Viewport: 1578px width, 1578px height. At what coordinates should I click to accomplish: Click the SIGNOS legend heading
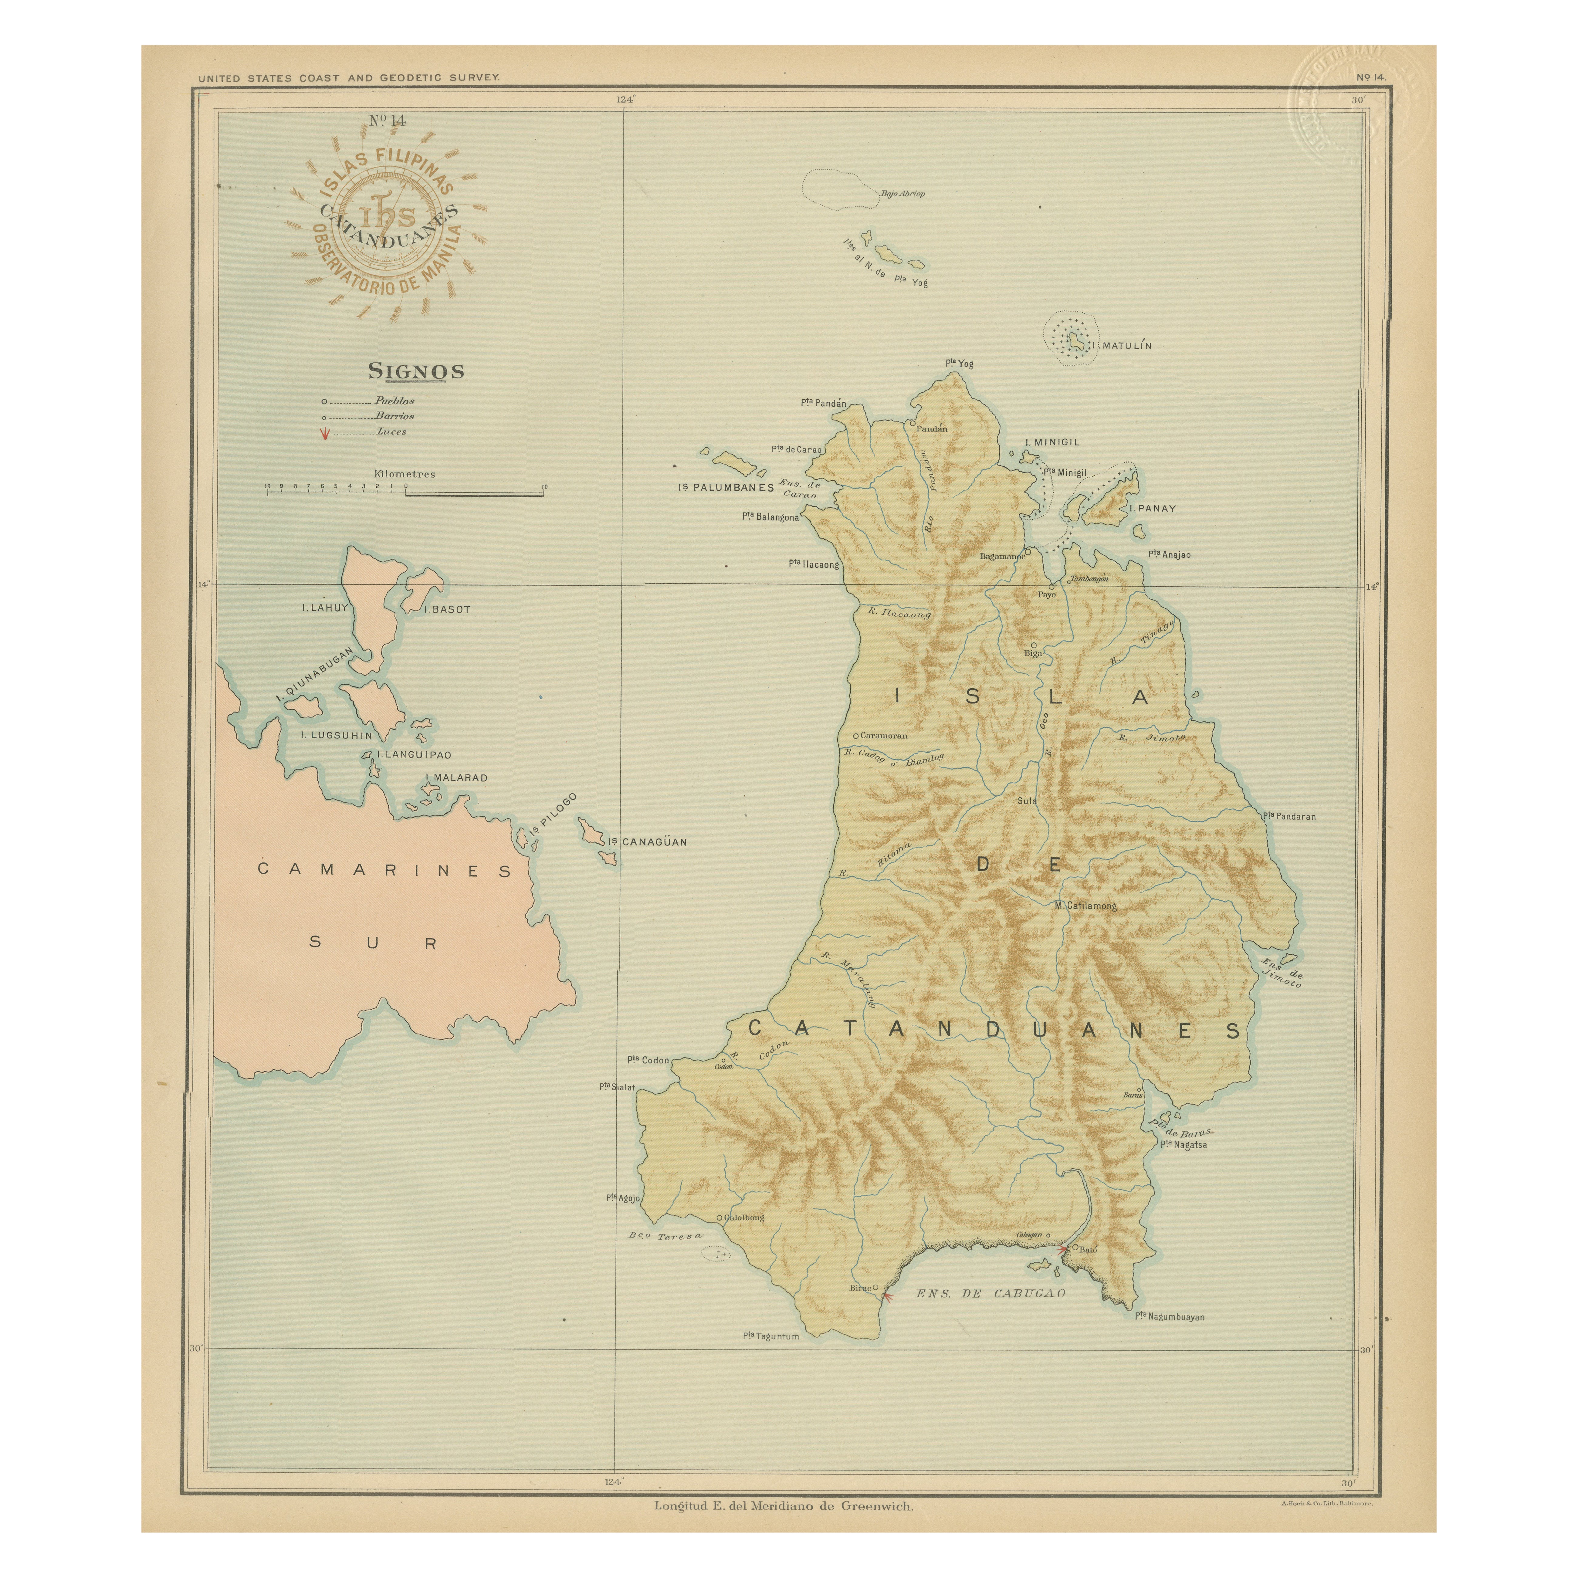point(416,371)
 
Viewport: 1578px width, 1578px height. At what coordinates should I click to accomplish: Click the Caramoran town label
point(884,735)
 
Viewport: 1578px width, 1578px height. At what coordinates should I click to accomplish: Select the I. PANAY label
point(1153,508)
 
